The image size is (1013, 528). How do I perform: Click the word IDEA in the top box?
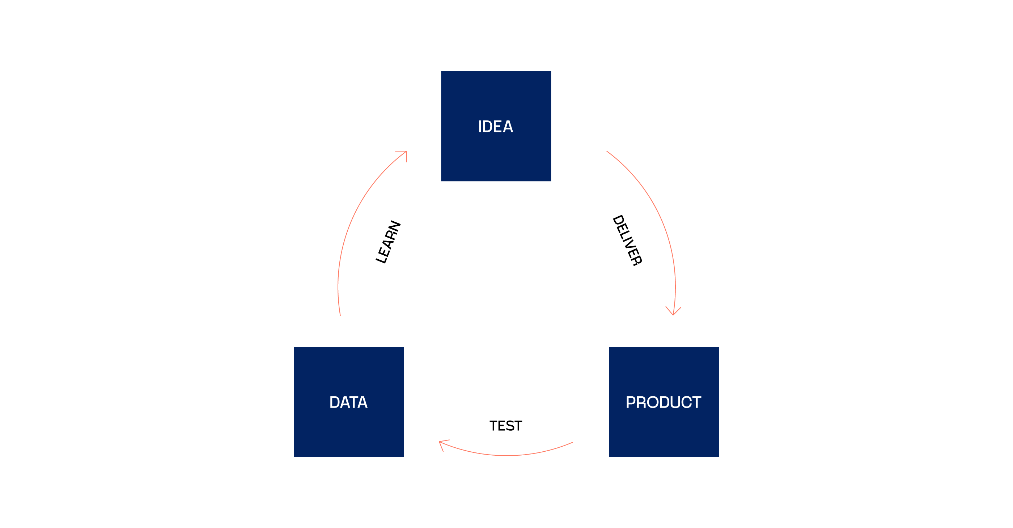[496, 127]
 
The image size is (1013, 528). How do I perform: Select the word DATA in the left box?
[348, 402]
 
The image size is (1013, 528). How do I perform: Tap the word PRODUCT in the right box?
[664, 402]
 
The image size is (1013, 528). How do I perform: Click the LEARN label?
[388, 242]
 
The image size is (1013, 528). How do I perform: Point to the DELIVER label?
[627, 240]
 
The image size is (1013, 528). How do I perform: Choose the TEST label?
[506, 426]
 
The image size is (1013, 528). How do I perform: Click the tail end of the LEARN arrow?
[340, 315]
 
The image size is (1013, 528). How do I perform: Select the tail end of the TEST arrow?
[573, 442]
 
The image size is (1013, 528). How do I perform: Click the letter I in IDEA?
[479, 127]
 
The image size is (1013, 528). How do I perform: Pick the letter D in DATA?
[335, 402]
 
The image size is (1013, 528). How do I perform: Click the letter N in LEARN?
[395, 226]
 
